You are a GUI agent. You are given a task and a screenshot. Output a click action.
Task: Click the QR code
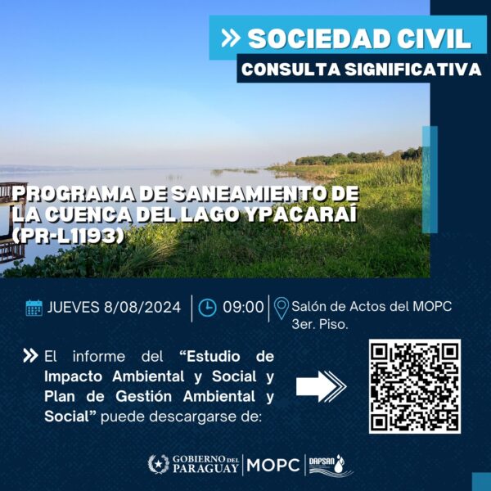(415, 386)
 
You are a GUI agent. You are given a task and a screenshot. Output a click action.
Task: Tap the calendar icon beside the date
(34, 308)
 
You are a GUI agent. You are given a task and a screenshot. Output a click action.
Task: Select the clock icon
(207, 308)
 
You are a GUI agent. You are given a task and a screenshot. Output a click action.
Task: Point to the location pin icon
(282, 309)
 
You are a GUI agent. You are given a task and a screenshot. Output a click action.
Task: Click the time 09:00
(243, 307)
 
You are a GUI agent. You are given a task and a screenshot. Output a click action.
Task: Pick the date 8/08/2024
(142, 307)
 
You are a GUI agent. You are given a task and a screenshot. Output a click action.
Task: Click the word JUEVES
(74, 307)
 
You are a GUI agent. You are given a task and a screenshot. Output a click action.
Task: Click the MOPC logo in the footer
(273, 465)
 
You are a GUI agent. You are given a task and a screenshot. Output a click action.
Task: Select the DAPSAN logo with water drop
(331, 466)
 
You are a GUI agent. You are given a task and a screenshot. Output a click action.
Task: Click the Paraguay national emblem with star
(159, 464)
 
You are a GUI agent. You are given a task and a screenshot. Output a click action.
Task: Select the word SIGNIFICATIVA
(413, 70)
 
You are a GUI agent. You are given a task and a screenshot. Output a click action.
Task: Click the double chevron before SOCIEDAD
(231, 38)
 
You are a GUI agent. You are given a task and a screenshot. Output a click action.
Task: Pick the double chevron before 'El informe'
(30, 356)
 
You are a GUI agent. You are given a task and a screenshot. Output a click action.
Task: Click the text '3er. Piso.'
(320, 324)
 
